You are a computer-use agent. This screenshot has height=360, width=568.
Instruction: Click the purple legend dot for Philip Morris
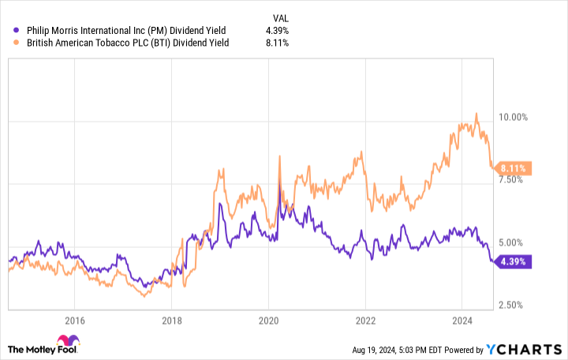(x=9, y=30)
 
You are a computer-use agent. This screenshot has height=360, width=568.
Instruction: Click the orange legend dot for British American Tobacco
(x=9, y=43)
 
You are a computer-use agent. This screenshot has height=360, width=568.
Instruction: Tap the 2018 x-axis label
(x=171, y=321)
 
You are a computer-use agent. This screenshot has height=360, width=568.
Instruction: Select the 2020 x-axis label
(x=268, y=321)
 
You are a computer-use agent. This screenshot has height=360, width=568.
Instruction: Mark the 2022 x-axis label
(x=365, y=321)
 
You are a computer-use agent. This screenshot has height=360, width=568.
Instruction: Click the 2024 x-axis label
(x=462, y=321)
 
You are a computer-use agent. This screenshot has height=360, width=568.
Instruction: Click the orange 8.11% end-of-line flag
(x=514, y=167)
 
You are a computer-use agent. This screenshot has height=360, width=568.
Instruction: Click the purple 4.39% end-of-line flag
(x=514, y=261)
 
